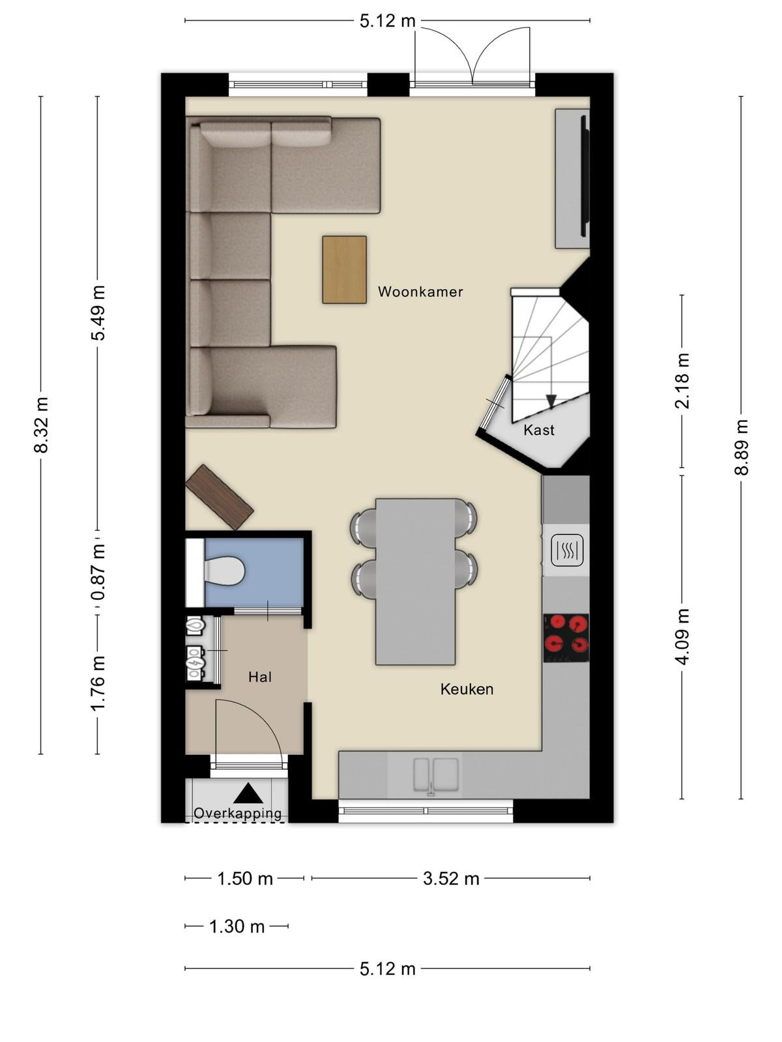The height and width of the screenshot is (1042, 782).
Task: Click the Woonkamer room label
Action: (420, 292)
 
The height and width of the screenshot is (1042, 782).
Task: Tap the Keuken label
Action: (467, 689)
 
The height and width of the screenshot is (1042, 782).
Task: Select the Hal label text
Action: (260, 677)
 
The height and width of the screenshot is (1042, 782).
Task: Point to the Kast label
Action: (539, 430)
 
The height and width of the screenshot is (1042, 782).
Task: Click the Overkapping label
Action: (238, 813)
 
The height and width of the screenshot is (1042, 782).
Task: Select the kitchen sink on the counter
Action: (437, 776)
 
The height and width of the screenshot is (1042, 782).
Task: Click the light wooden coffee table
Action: (344, 270)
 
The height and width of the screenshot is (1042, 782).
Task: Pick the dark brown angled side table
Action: (220, 497)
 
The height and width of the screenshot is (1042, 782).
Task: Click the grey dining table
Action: (416, 582)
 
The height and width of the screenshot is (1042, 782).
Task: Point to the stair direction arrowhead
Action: (551, 402)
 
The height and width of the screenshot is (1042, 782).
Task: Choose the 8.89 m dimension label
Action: (741, 447)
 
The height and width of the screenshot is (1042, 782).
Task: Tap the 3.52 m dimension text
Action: (451, 879)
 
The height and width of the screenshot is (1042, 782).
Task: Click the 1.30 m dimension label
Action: (237, 926)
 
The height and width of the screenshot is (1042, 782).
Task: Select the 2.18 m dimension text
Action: (682, 381)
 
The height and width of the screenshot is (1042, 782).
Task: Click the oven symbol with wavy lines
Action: (566, 550)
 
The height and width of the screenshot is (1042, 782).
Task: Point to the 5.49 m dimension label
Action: (98, 313)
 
